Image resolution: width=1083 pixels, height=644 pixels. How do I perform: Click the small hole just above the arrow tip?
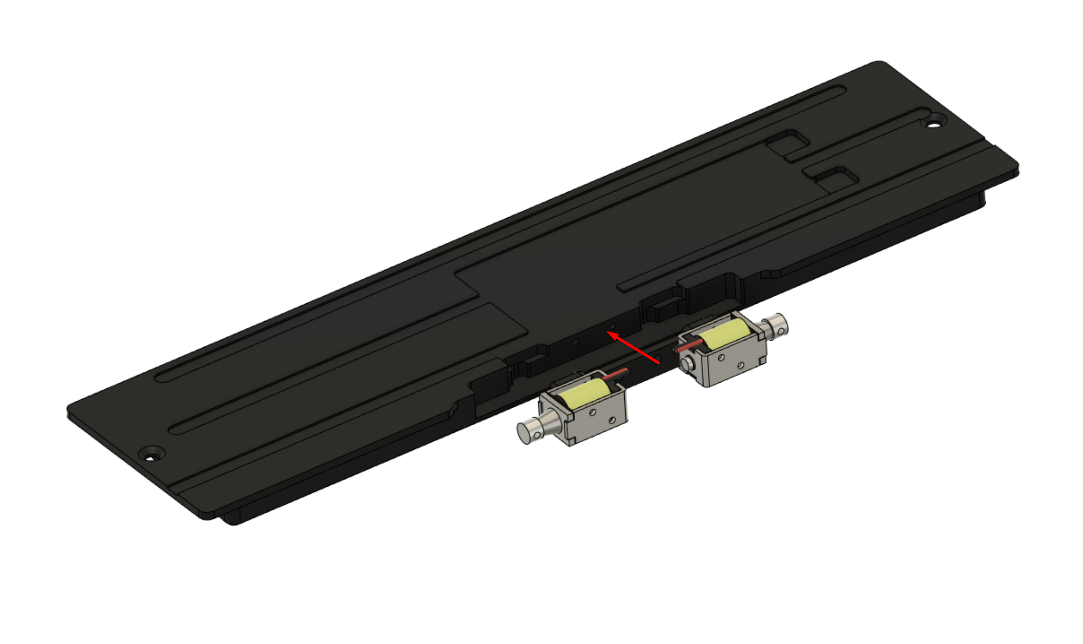click(x=613, y=325)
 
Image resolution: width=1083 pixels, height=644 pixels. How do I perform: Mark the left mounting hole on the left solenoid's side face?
click(x=592, y=412)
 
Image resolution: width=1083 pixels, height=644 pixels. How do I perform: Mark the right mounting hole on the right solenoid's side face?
click(x=741, y=365)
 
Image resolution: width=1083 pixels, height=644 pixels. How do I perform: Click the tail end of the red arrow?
click(x=659, y=363)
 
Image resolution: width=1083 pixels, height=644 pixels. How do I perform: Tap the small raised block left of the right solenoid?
click(x=661, y=310)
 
